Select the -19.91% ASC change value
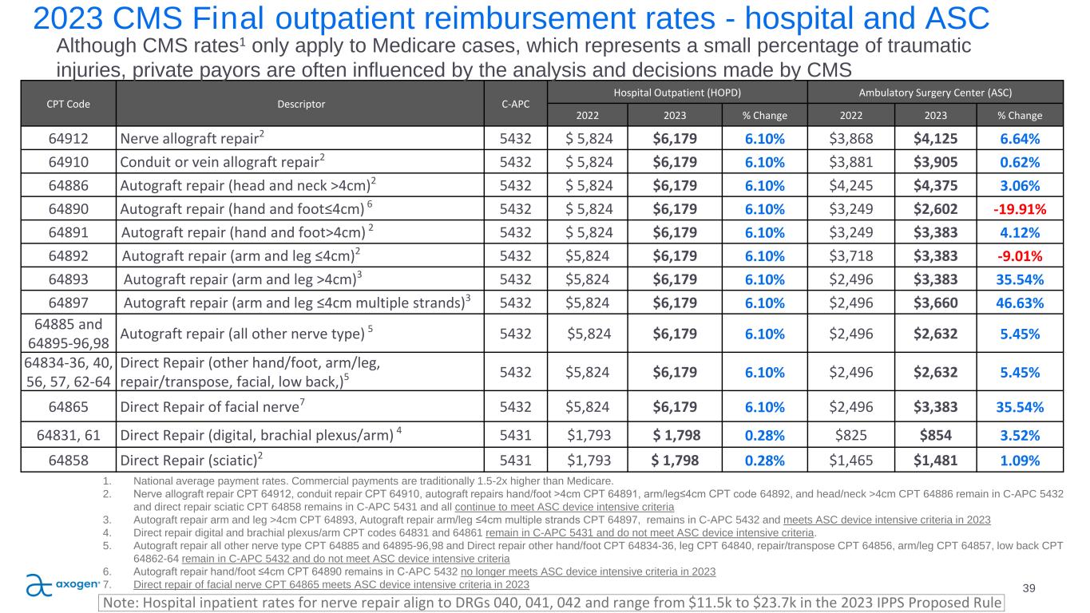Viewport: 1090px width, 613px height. click(x=1019, y=210)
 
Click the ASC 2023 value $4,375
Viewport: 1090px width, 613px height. click(x=936, y=186)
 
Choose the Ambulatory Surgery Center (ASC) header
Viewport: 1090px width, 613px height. click(x=937, y=91)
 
